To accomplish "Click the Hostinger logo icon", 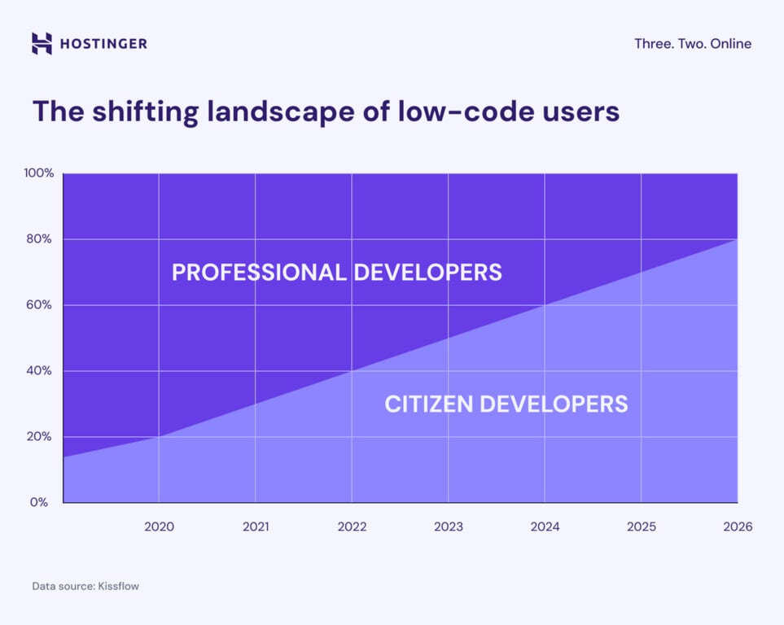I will pos(42,44).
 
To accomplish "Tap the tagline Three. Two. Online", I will pos(693,44).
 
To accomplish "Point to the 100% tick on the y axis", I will pos(38,173).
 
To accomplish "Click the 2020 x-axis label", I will pos(159,527).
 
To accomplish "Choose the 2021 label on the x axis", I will pos(256,527).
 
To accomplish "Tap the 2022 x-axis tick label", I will pos(352,527).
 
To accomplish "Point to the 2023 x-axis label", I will pos(449,527).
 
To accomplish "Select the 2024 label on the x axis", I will pos(545,527).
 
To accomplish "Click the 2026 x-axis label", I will pos(738,527).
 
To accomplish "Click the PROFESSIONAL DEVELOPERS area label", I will pos(336,272).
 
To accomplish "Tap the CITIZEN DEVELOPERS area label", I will pos(506,404).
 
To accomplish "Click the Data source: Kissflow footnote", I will pos(85,586).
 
